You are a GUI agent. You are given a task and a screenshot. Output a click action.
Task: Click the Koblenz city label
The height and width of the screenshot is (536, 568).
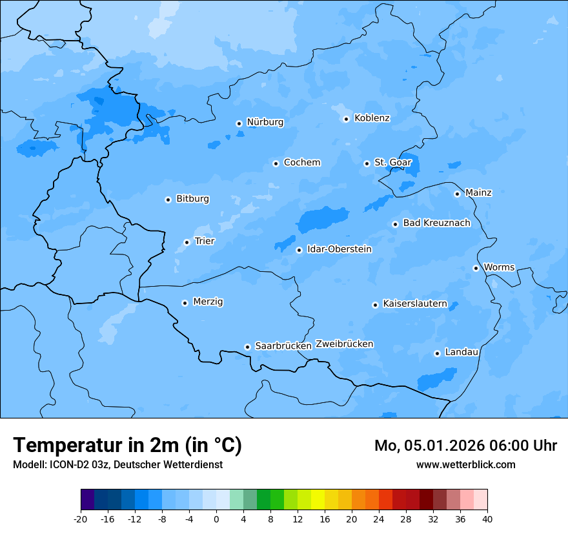(372, 118)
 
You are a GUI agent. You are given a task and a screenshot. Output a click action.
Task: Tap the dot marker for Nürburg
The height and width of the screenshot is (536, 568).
(239, 123)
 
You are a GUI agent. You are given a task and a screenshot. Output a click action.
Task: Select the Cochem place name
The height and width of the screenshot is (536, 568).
(301, 163)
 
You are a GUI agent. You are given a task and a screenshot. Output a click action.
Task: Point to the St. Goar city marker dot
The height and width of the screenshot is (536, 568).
(367, 163)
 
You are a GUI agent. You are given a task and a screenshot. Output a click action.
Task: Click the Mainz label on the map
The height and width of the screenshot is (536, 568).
(478, 193)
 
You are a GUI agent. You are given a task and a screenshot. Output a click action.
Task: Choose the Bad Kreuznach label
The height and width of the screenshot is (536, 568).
(436, 223)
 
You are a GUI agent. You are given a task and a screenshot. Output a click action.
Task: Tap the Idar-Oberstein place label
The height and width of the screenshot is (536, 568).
(339, 249)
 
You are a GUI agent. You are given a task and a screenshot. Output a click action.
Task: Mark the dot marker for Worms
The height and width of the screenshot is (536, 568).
(476, 268)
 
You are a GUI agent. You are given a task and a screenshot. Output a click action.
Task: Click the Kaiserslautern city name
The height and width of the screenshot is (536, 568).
(414, 304)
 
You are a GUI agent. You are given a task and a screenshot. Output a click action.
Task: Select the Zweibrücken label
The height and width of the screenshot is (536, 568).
(344, 344)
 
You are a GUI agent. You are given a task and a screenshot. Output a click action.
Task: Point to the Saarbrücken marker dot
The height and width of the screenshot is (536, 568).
(247, 347)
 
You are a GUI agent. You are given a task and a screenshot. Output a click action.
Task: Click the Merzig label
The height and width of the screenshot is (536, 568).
(208, 302)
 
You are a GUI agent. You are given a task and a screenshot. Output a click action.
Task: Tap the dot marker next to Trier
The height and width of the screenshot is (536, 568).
(187, 242)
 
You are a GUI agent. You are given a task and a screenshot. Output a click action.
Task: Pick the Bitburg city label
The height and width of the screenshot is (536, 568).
(192, 199)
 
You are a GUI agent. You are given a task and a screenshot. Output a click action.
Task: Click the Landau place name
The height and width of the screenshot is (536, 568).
(462, 352)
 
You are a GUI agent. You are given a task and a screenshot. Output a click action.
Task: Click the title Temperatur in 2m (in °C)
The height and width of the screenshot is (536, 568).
(127, 445)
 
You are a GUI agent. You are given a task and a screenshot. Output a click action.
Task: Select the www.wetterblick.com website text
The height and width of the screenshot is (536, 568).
(465, 464)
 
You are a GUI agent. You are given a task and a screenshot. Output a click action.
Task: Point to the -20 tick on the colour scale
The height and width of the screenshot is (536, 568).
(81, 519)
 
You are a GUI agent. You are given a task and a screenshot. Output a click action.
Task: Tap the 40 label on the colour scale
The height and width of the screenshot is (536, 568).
(487, 519)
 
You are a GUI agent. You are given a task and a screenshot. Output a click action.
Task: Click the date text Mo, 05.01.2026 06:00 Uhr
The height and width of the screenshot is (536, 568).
(465, 446)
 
